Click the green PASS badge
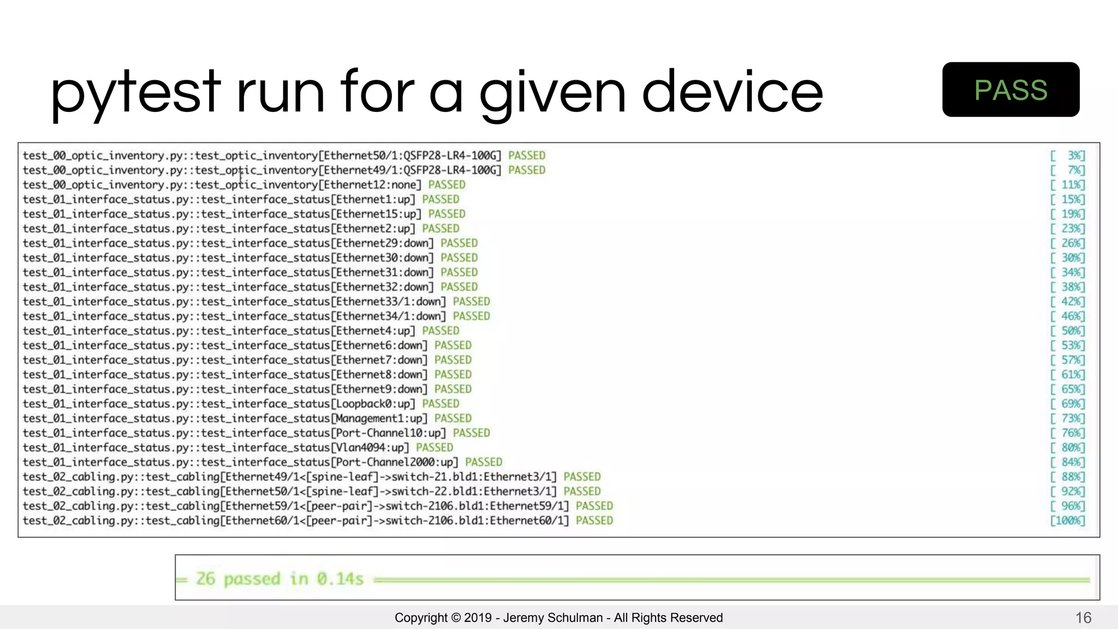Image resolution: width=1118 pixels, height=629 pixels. click(x=1010, y=90)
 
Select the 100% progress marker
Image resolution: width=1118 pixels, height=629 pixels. click(x=1068, y=521)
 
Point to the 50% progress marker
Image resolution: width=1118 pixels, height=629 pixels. click(x=1068, y=331)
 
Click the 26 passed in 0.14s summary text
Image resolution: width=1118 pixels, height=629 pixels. click(x=279, y=579)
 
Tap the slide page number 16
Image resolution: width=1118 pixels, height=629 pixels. click(x=1083, y=618)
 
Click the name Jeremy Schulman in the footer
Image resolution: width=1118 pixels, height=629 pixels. click(x=552, y=618)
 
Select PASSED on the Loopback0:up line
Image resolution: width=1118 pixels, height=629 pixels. click(x=441, y=404)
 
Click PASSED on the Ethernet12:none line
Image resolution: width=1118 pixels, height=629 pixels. click(x=447, y=185)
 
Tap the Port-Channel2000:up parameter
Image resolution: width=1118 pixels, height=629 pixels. click(x=395, y=462)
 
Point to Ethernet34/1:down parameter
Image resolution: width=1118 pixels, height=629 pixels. click(x=389, y=316)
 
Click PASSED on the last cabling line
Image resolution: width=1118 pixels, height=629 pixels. click(x=594, y=521)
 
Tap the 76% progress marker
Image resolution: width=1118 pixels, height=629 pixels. click(x=1068, y=433)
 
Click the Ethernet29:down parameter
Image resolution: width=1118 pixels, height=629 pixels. click(x=383, y=244)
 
